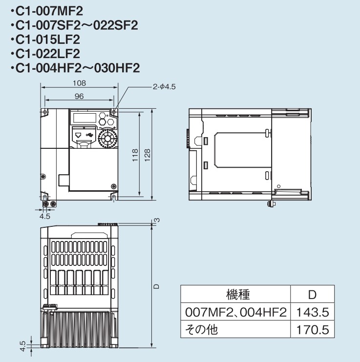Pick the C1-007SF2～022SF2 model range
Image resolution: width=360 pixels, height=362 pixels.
coord(73,25)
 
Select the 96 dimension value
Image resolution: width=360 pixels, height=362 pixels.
coord(79,96)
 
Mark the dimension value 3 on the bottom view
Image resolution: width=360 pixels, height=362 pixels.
coord(157,220)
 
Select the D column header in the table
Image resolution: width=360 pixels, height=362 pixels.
coord(313,295)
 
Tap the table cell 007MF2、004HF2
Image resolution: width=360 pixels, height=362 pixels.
coord(236,312)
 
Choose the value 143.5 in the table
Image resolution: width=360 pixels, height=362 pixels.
coord(313,312)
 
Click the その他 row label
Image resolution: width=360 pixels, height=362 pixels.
coord(202,329)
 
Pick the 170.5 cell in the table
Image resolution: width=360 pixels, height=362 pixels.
coord(313,329)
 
